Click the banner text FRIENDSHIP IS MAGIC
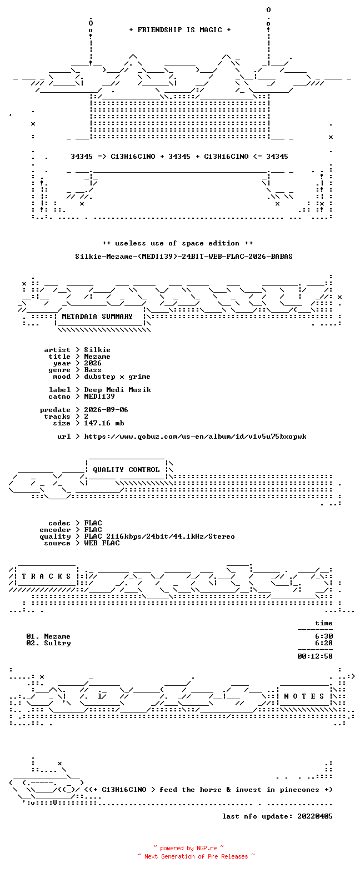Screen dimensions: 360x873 180,30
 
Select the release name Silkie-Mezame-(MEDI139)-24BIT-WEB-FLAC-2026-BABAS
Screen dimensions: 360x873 184,257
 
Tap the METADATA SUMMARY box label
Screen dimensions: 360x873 97,317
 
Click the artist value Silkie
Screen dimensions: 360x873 97,350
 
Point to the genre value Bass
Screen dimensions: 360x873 93,370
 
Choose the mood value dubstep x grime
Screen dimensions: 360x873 117,377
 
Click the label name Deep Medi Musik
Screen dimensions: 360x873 117,390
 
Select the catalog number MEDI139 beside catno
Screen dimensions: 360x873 99,397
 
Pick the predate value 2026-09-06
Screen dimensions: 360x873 106,410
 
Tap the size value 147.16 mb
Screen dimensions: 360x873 104,423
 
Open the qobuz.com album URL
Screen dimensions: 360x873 195,436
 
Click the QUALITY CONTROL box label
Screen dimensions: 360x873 126,470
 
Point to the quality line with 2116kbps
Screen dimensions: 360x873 159,536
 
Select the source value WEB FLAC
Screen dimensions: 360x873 102,543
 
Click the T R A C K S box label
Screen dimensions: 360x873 46,576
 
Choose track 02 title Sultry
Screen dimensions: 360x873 57,643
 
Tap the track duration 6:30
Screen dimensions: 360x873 324,636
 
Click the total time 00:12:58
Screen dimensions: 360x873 315,656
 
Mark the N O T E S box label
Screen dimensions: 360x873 304,696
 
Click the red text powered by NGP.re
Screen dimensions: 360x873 188,848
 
